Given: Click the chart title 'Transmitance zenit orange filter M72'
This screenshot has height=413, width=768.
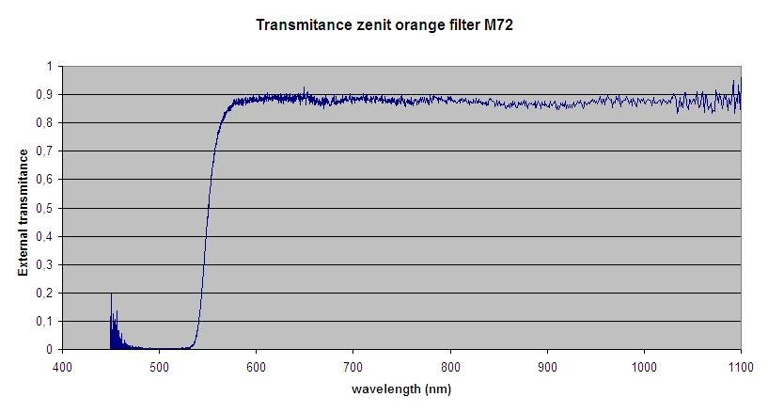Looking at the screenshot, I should [x=384, y=26].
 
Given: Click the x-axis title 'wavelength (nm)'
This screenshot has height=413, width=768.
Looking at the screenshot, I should [x=401, y=389].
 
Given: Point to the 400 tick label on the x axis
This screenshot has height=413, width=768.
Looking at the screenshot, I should [x=62, y=366].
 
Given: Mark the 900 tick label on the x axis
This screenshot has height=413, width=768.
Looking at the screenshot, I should [x=547, y=366].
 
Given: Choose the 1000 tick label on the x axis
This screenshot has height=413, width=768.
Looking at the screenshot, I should [x=644, y=366].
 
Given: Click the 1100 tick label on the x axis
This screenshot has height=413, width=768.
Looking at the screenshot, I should [x=740, y=366].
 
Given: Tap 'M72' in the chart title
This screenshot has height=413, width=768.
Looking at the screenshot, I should [x=497, y=26].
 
